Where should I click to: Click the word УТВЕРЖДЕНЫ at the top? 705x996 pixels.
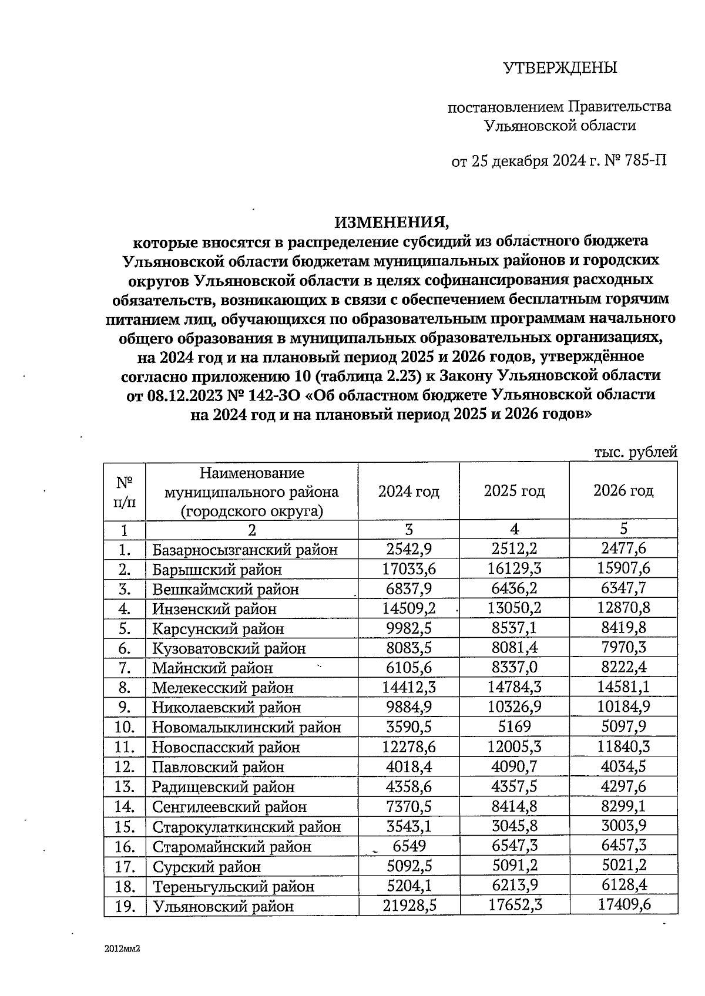[x=560, y=68]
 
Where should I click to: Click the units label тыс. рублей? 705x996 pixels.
[x=636, y=452]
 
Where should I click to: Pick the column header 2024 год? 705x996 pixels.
[x=408, y=492]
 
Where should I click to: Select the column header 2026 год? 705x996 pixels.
[x=623, y=491]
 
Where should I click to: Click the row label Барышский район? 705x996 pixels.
[x=217, y=570]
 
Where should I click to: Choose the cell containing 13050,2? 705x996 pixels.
[x=514, y=608]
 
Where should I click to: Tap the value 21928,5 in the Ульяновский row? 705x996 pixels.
[x=409, y=906]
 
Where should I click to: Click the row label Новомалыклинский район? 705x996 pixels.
[x=247, y=728]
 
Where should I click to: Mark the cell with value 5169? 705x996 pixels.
[x=514, y=727]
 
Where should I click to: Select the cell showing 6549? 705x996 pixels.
[x=409, y=846]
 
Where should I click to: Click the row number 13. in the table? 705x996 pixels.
[x=125, y=787]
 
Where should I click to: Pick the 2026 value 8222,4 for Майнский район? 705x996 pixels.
[x=623, y=668]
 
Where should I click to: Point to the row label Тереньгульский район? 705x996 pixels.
[x=233, y=886]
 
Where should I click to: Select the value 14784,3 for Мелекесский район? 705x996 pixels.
[x=514, y=687]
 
